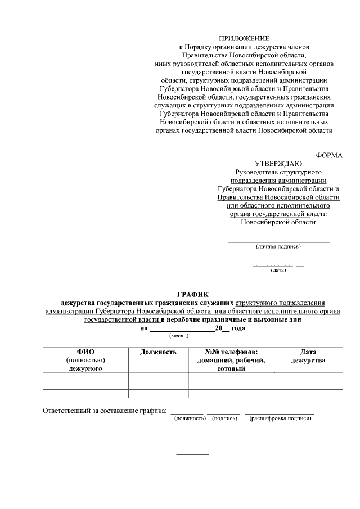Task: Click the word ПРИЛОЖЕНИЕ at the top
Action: pos(244,38)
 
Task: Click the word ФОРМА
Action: pos(329,155)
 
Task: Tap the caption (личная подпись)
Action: pos(278,246)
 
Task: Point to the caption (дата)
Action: pos(278,271)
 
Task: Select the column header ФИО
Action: pos(85,352)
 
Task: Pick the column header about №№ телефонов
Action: pos(231,352)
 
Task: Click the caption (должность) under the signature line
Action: pos(190,418)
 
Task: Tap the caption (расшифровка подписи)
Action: pos(280,418)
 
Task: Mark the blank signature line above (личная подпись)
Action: pos(278,242)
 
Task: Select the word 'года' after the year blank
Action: pos(238,327)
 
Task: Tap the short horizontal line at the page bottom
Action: pos(192,454)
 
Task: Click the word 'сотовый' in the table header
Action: pos(231,368)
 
